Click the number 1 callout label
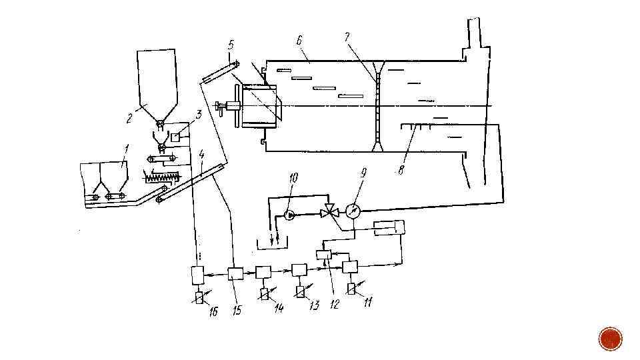click(126, 147)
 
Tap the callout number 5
click(231, 45)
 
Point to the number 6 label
click(299, 41)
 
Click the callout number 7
click(347, 38)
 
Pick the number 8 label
click(401, 171)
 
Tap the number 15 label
click(237, 311)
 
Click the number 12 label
click(334, 304)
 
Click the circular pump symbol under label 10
click(289, 215)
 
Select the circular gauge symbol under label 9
click(354, 209)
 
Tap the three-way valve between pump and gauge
click(328, 213)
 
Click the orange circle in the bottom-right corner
click(610, 339)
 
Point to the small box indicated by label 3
click(175, 137)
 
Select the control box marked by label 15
click(235, 273)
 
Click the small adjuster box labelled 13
click(299, 291)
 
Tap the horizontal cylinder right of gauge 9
click(389, 228)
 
